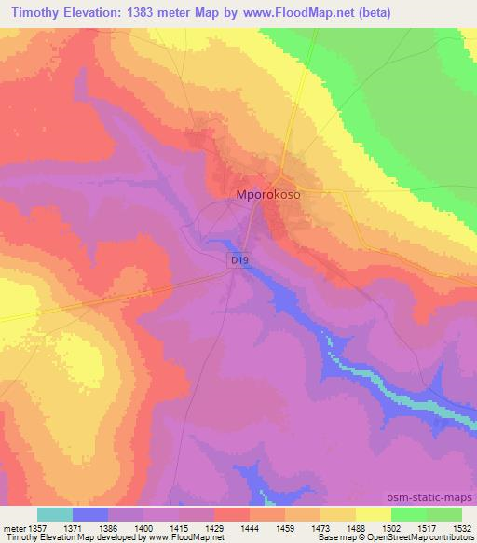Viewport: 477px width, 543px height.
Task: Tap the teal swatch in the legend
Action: point(55,514)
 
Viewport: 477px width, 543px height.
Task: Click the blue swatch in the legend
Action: point(90,514)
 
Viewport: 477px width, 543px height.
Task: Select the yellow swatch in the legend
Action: point(373,514)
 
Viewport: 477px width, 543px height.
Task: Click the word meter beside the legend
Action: point(14,527)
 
